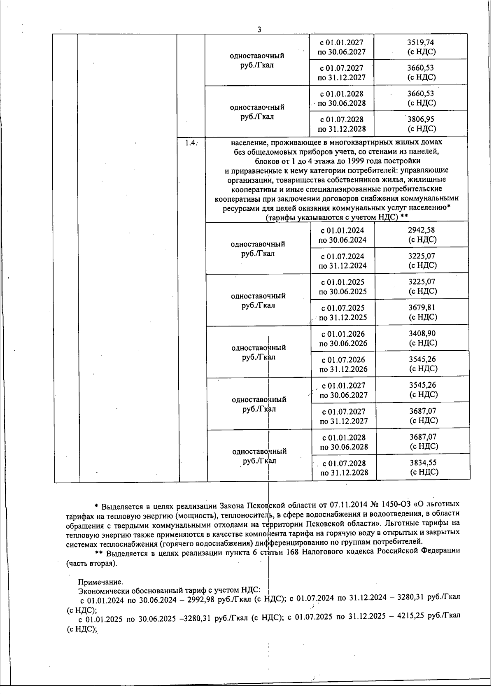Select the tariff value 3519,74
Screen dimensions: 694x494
coord(420,42)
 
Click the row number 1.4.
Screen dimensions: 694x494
coord(191,143)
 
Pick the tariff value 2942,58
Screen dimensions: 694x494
coord(422,230)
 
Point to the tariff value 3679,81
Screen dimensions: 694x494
coord(422,307)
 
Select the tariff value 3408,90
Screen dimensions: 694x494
coord(422,334)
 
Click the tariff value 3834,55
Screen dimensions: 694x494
coord(424,463)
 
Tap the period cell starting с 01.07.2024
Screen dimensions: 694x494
coord(343,261)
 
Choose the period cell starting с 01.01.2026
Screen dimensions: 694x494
coord(343,338)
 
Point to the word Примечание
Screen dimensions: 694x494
coord(100,582)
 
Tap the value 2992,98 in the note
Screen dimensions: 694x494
coord(201,597)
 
